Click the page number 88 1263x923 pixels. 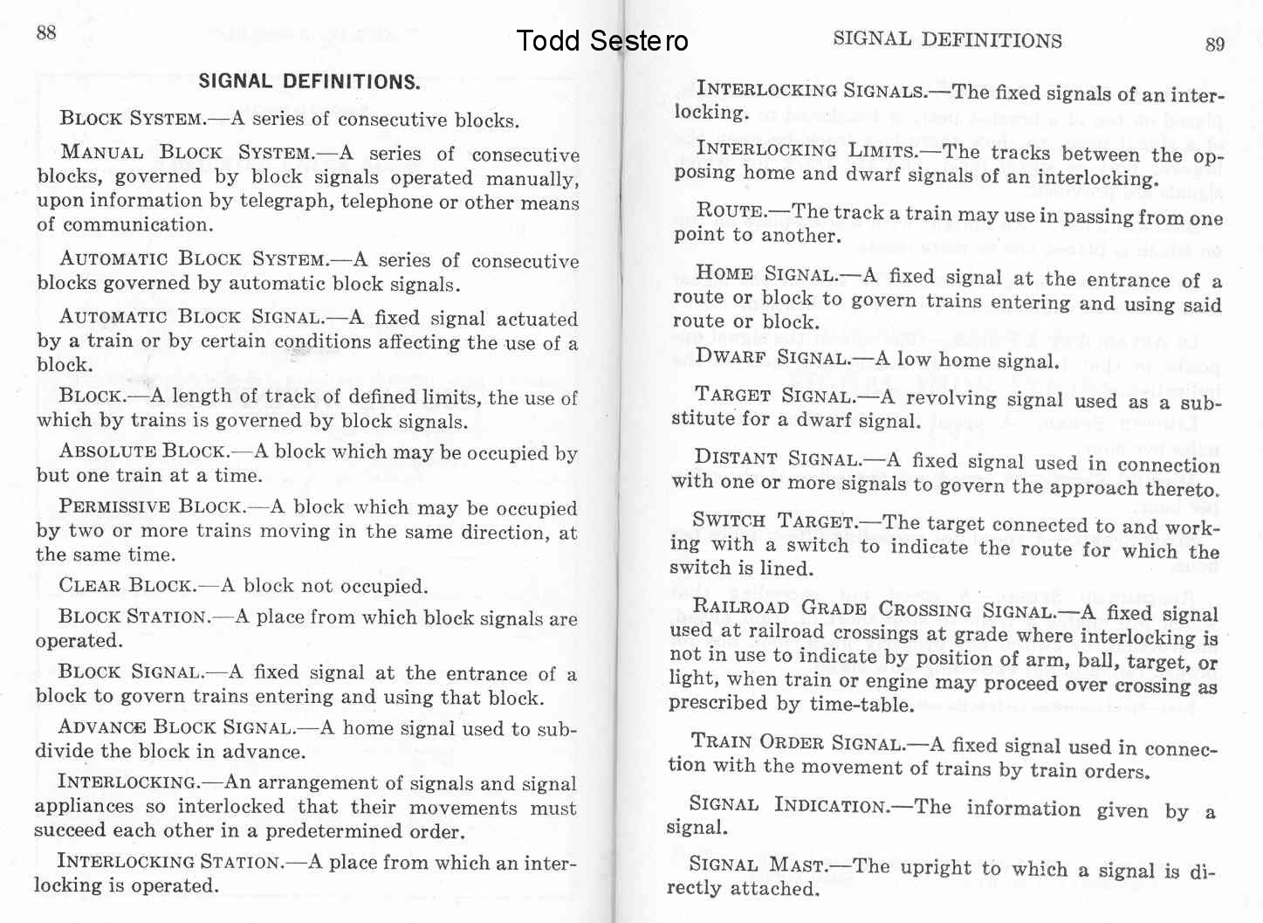coord(46,33)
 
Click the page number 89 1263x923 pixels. coord(1215,45)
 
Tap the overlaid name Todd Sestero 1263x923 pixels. coord(601,41)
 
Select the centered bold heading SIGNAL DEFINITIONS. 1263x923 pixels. coord(309,82)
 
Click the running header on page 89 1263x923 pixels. coord(947,39)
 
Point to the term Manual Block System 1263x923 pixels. coord(187,153)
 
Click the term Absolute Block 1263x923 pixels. coord(143,451)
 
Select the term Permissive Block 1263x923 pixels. coord(150,506)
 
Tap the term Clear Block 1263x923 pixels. coord(127,585)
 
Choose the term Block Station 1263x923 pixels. coord(134,616)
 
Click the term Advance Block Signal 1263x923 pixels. coord(175,727)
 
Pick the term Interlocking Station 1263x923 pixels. coord(169,862)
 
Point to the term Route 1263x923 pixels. coord(730,210)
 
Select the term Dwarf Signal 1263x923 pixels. coord(772,358)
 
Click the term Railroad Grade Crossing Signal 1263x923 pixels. coord(874,609)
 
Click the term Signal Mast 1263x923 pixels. coord(756,865)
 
